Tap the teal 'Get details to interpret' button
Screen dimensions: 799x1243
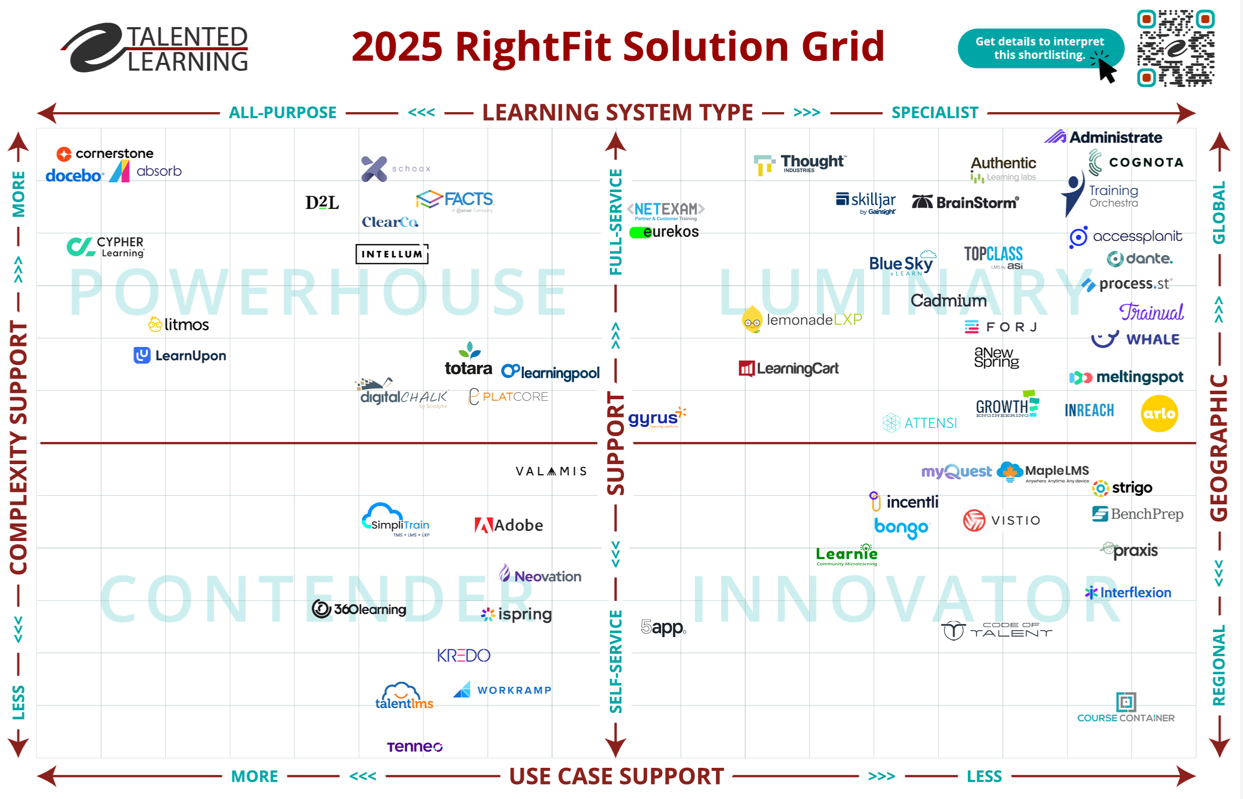click(1040, 48)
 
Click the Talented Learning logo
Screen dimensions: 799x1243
click(156, 48)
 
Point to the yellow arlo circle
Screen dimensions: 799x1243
click(1159, 413)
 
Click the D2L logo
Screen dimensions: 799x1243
click(322, 202)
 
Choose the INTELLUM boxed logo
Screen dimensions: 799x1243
click(392, 254)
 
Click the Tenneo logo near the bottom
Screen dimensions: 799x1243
click(414, 746)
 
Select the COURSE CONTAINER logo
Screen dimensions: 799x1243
click(1126, 708)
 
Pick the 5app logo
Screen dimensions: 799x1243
click(663, 627)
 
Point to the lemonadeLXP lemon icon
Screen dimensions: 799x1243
click(752, 320)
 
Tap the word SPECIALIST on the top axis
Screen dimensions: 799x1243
click(935, 113)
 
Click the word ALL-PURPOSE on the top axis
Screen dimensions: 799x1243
click(283, 113)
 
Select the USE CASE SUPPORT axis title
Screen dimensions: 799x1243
click(616, 776)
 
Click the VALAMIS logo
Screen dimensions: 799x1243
click(551, 471)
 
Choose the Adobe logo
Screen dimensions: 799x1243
click(508, 525)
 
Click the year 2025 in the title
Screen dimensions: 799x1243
click(397, 47)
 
